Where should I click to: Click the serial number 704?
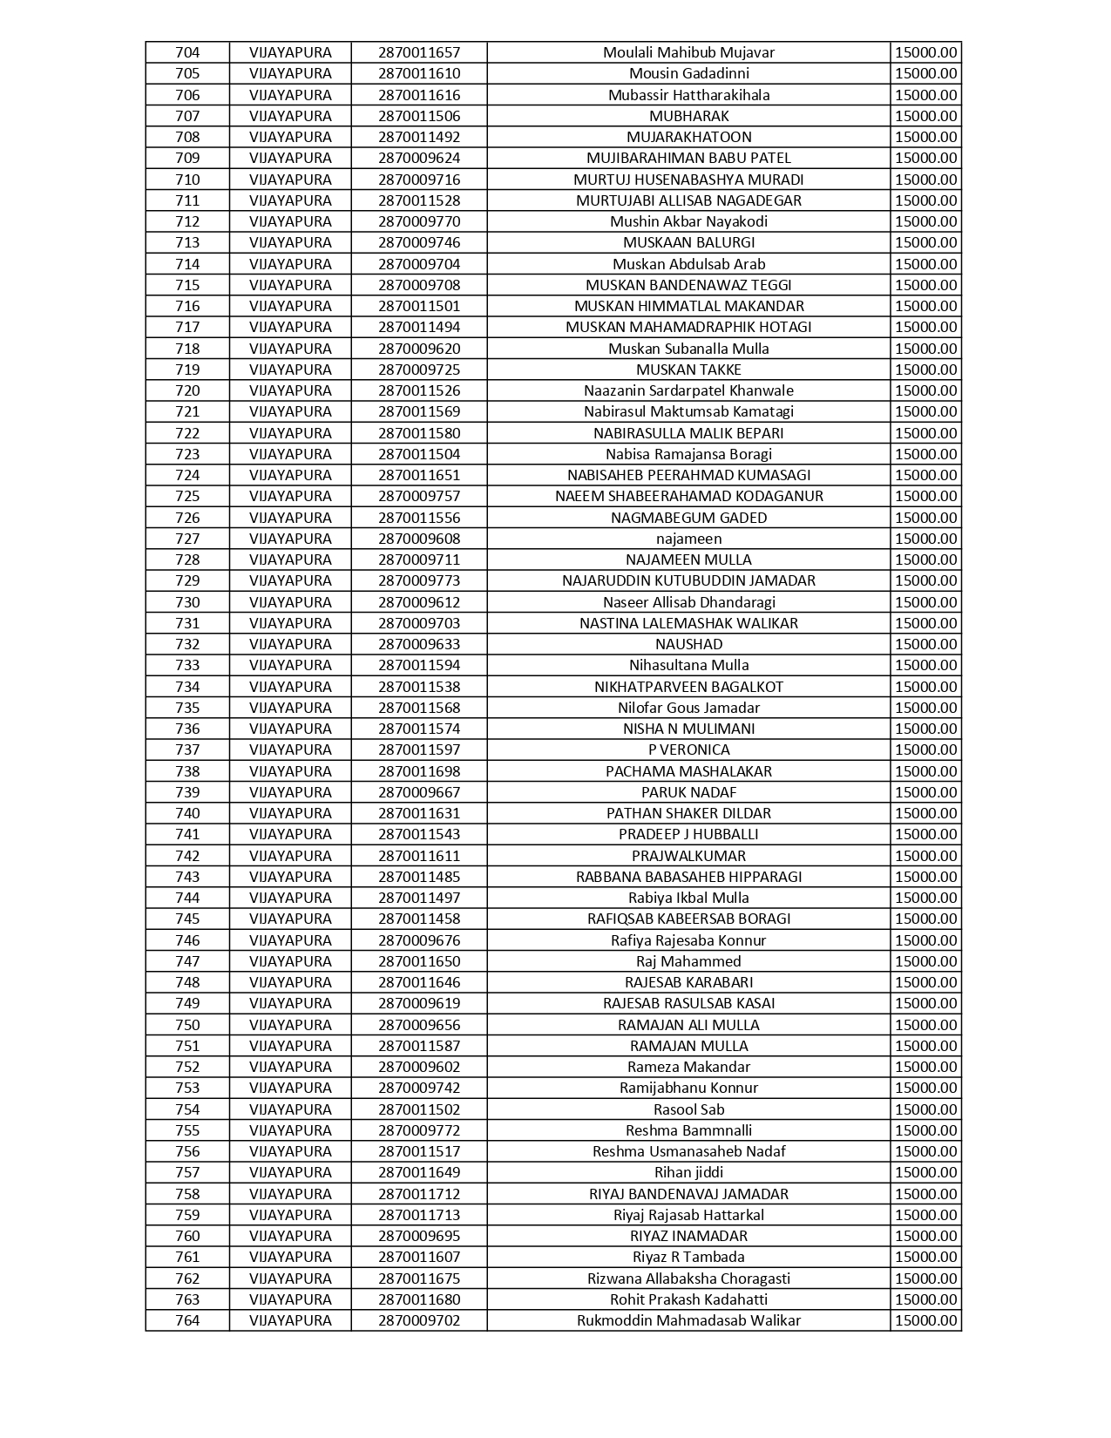[x=187, y=52]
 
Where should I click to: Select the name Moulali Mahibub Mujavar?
[x=688, y=52]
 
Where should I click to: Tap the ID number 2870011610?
[x=419, y=73]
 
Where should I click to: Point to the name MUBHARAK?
[x=688, y=116]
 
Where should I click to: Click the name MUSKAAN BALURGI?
[x=688, y=242]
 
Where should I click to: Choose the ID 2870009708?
[x=419, y=285]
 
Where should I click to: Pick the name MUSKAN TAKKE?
[x=688, y=370]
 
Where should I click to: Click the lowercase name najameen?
[x=688, y=539]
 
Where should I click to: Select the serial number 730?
[x=187, y=602]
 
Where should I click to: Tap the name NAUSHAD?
[x=688, y=644]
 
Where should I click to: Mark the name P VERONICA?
[x=688, y=750]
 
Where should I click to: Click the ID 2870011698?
[x=419, y=771]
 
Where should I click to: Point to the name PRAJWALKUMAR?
[x=688, y=856]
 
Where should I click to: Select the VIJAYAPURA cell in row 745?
[x=290, y=919]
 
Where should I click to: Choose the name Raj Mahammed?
[x=688, y=961]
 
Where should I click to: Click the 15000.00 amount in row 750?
[x=925, y=1025]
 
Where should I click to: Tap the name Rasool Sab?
[x=688, y=1109]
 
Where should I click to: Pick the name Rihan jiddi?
[x=688, y=1172]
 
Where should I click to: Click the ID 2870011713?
[x=419, y=1215]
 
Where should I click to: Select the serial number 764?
[x=187, y=1320]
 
